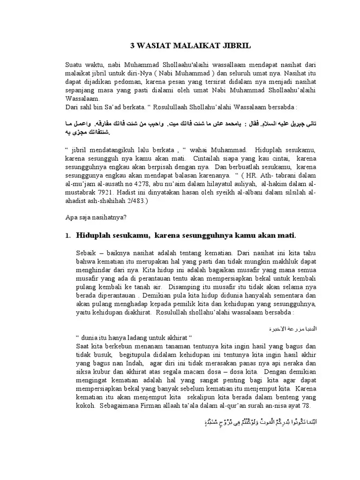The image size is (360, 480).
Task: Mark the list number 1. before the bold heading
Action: tap(67, 235)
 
